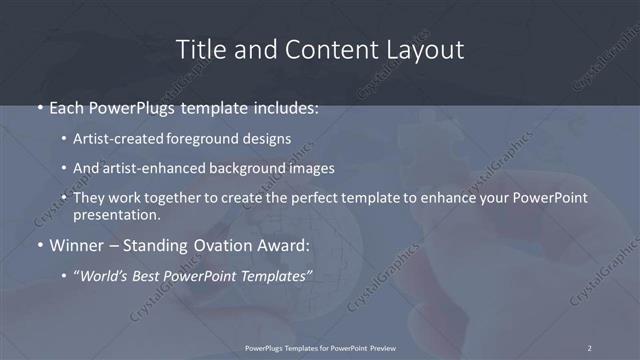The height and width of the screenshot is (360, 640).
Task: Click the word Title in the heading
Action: pos(199,49)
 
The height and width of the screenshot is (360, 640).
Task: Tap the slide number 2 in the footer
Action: pos(590,348)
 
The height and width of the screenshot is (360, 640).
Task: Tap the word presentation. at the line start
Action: pos(116,213)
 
